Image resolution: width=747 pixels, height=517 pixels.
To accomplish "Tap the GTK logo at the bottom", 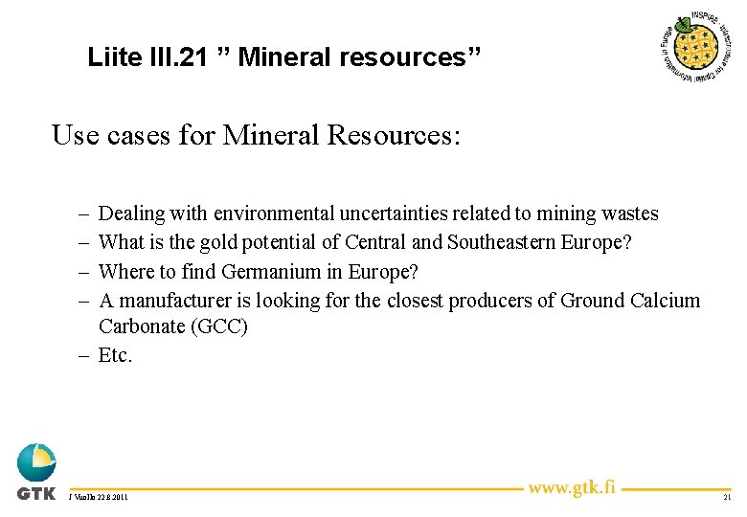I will pos(36,472).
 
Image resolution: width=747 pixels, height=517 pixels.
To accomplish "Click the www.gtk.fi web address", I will pos(572,487).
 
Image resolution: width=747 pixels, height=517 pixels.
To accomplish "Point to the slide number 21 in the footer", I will pos(727,498).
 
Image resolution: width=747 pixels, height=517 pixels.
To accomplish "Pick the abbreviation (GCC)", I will pos(219,326).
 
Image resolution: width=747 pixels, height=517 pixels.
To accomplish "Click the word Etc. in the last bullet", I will pos(116,355).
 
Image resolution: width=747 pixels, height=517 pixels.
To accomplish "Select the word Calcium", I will pos(666,300).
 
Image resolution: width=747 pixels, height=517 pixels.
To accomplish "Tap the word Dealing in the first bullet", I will pos(132,214).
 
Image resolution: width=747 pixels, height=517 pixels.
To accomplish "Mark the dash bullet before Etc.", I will pos(85,355).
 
